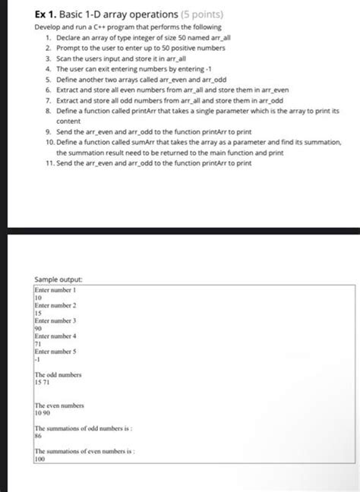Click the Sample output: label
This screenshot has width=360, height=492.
point(58,280)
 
